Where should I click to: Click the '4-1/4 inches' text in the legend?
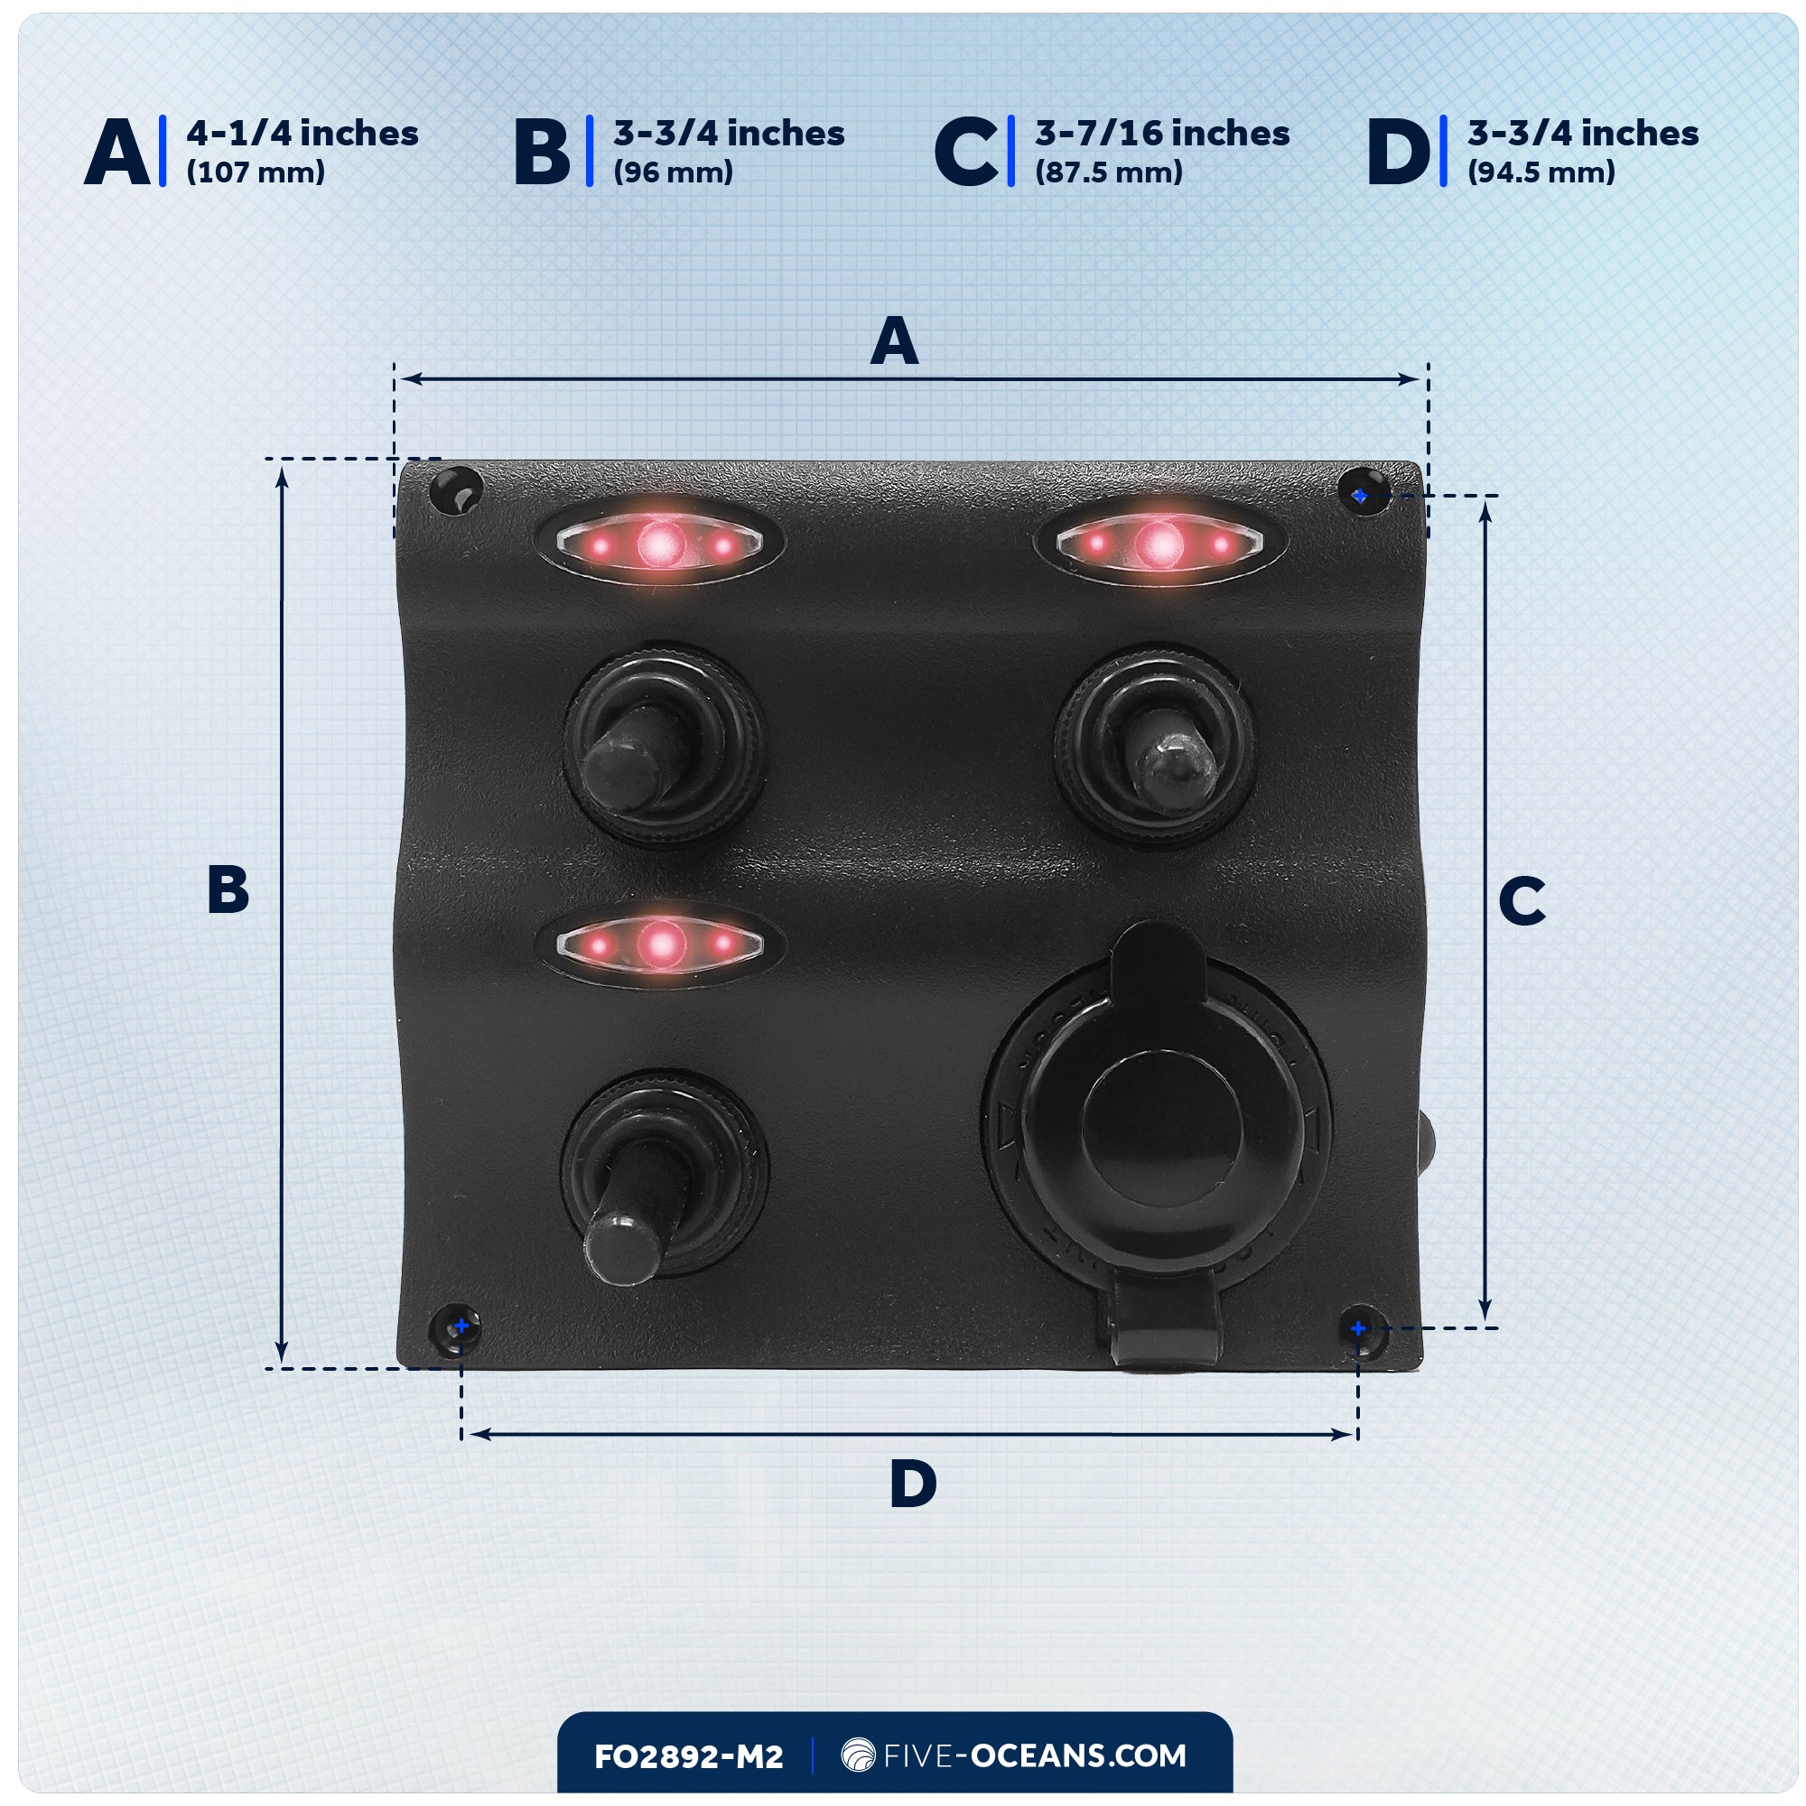(302, 134)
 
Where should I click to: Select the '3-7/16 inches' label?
(1161, 134)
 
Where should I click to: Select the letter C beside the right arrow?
(1521, 901)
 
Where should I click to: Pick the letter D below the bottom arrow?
(912, 1484)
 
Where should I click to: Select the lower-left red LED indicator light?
(660, 945)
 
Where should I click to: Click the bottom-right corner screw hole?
(1362, 1328)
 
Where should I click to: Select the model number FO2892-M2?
(688, 1756)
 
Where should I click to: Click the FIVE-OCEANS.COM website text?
(1034, 1755)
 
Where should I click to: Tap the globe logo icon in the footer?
(857, 1755)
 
